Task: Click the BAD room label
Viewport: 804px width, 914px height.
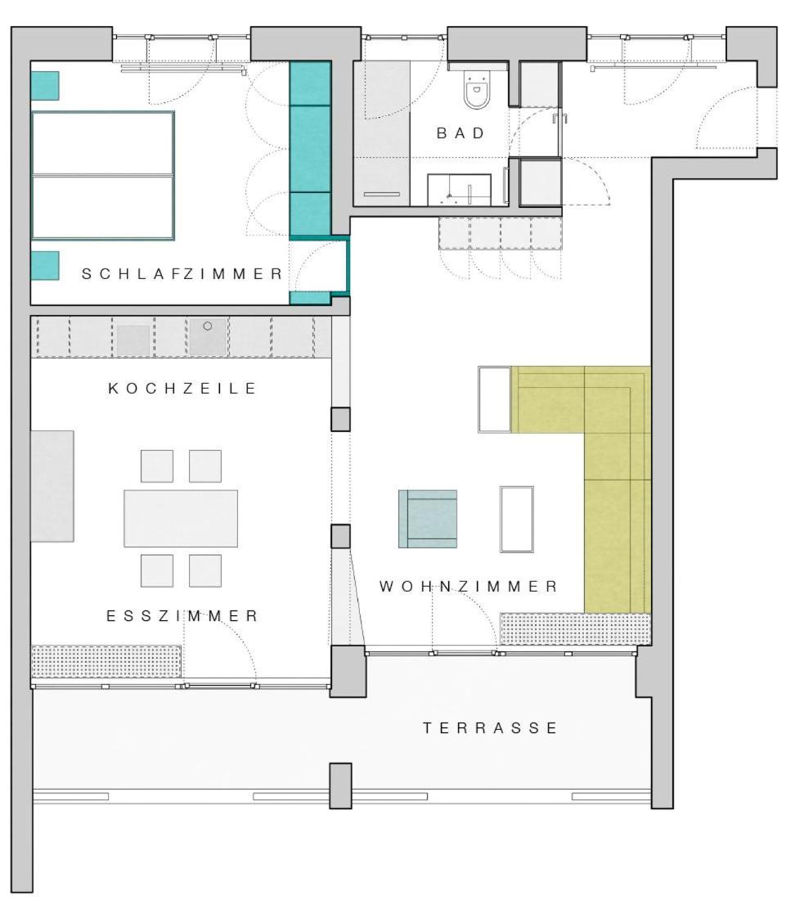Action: (460, 133)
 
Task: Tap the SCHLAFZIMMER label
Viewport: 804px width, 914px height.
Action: (182, 273)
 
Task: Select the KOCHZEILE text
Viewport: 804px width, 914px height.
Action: (182, 388)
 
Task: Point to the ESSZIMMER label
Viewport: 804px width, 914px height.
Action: (182, 615)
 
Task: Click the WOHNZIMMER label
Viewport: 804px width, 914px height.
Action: (469, 586)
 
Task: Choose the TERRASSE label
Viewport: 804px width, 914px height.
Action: (490, 727)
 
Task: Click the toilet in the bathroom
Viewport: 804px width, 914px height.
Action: (477, 90)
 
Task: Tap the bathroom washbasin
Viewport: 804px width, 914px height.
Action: (459, 190)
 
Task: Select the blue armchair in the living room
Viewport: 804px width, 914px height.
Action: (428, 519)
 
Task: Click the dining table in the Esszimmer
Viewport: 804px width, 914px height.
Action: (181, 518)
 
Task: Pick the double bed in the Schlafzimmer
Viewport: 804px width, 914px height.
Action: (103, 175)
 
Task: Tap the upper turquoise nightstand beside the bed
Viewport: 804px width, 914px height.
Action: (45, 86)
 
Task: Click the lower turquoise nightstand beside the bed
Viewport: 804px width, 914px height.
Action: (45, 266)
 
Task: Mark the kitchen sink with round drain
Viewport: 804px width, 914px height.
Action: (208, 336)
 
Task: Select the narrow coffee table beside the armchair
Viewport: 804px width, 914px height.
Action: (516, 519)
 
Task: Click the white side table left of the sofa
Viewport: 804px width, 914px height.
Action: (495, 399)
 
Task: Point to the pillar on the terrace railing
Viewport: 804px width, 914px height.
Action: (341, 786)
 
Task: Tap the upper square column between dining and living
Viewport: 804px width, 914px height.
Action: (341, 419)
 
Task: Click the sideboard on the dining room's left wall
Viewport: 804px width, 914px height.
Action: (52, 486)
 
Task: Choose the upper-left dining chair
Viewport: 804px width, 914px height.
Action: (157, 466)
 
